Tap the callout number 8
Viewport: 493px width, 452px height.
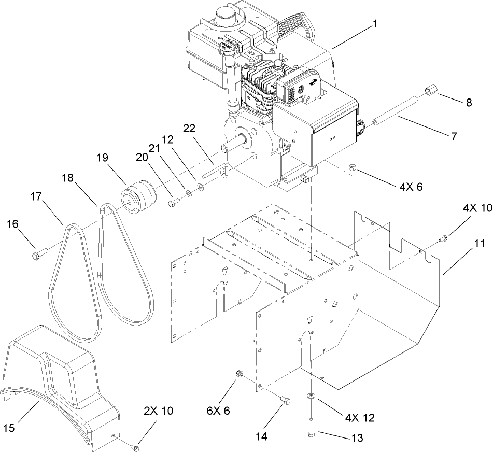click(469, 102)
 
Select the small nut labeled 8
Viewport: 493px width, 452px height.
click(430, 92)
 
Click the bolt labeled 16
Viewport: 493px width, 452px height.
click(39, 255)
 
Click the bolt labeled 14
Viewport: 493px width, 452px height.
click(285, 400)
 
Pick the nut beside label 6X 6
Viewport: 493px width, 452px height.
click(240, 374)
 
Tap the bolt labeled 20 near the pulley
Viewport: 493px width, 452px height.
click(173, 203)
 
